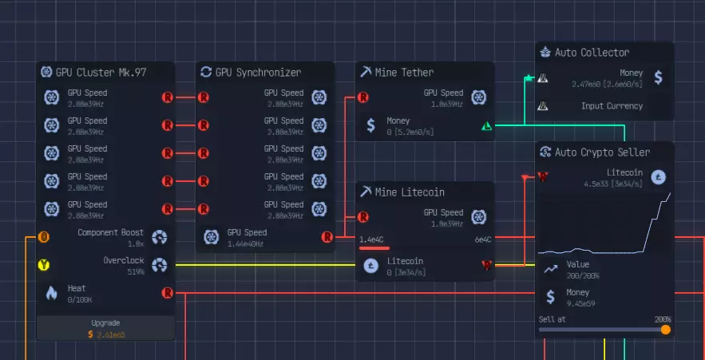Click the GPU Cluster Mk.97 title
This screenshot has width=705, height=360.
tap(101, 72)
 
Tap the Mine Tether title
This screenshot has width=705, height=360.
tap(407, 72)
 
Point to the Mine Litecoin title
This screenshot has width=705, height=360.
tap(410, 192)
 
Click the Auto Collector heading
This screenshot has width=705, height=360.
tap(592, 52)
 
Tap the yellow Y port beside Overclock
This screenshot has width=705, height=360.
tap(45, 264)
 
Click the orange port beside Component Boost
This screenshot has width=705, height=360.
tap(45, 236)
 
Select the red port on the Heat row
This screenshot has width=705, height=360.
tap(168, 293)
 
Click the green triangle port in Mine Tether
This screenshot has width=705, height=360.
tap(487, 125)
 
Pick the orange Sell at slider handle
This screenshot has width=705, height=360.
tap(665, 329)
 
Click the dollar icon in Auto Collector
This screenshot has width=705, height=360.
tap(658, 77)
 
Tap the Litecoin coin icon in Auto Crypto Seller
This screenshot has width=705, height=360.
tap(659, 176)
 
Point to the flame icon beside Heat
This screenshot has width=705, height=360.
tap(52, 293)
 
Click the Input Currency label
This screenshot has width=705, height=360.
tap(612, 105)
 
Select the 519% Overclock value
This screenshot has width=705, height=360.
tap(135, 271)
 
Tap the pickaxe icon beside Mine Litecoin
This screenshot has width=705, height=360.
tap(366, 192)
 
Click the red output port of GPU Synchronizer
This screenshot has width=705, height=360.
tap(327, 236)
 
